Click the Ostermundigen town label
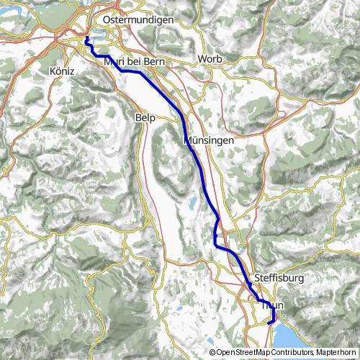tap(138, 20)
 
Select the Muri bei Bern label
tap(135, 63)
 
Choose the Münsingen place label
tap(209, 140)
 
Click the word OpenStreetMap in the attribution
tap(248, 353)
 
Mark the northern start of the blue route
tap(86, 37)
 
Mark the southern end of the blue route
tap(270, 323)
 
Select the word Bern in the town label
tap(155, 63)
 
